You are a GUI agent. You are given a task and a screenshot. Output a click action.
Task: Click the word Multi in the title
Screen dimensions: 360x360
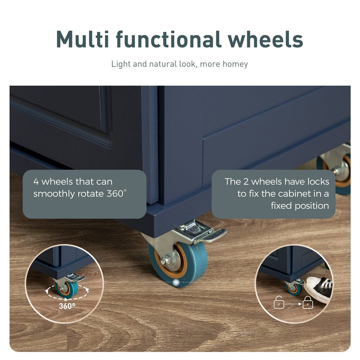coord(82,39)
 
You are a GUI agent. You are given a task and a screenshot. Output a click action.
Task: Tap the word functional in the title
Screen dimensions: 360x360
coord(168,39)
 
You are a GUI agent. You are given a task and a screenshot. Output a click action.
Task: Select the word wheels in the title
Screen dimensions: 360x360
coord(265,39)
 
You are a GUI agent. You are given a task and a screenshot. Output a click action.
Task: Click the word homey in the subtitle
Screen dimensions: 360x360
coord(235,64)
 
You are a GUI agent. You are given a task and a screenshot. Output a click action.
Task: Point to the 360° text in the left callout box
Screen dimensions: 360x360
coord(116,193)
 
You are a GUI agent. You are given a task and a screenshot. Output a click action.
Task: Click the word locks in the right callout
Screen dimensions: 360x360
coord(318,181)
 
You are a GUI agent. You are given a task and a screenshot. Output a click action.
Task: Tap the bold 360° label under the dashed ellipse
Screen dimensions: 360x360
coord(67,306)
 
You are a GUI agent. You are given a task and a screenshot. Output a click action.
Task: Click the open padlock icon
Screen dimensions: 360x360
coord(279,302)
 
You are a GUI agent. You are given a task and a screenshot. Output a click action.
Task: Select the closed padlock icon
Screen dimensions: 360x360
coord(307,302)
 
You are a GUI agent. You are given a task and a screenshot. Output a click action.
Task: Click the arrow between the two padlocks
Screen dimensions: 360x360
coord(293,304)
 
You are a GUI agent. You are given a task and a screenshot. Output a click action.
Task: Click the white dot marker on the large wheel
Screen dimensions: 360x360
coord(176,282)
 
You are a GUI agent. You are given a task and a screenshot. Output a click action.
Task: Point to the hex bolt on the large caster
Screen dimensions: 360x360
coord(164,261)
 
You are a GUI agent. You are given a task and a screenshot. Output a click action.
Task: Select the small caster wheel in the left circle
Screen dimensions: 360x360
coord(66,289)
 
